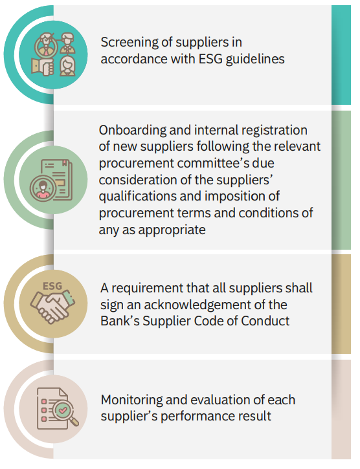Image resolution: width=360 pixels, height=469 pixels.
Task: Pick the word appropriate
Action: (172, 230)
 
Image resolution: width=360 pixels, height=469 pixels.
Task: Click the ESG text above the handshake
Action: (52, 286)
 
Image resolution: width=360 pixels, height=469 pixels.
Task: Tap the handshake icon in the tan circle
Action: (52, 307)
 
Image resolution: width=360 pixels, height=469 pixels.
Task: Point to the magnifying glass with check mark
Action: (67, 412)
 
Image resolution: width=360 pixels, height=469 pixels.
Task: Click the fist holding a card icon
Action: (42, 66)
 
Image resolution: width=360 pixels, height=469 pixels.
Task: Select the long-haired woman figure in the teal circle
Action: (68, 67)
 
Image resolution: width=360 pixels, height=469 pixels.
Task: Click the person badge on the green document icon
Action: (42, 188)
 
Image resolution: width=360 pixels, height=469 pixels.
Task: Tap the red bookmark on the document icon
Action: (64, 163)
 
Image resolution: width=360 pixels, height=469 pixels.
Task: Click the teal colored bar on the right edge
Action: (341, 55)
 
